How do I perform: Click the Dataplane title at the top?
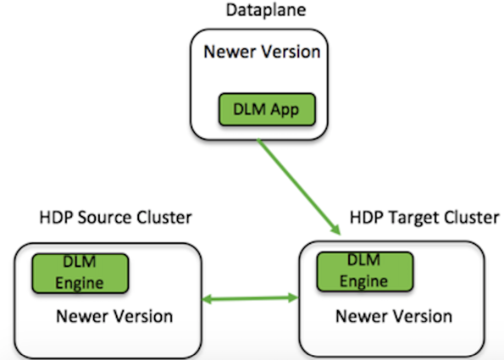(x=266, y=10)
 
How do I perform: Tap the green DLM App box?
(x=267, y=109)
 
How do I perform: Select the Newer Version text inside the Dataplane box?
(x=262, y=52)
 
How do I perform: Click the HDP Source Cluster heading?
(x=115, y=218)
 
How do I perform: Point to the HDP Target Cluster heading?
(x=424, y=218)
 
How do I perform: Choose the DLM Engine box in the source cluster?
(x=80, y=274)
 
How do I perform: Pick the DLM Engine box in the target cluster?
(x=365, y=272)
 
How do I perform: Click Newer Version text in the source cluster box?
(x=114, y=316)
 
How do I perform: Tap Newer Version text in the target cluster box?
(x=394, y=316)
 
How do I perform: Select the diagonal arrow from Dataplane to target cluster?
(x=299, y=186)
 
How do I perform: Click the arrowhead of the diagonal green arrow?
(x=336, y=230)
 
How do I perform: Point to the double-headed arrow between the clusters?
(x=250, y=299)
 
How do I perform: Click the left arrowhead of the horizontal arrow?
(x=207, y=299)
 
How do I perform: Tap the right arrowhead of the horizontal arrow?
(x=293, y=297)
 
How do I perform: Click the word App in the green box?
(x=285, y=110)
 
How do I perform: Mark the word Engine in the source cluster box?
(x=80, y=284)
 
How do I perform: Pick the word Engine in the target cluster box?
(x=363, y=282)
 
